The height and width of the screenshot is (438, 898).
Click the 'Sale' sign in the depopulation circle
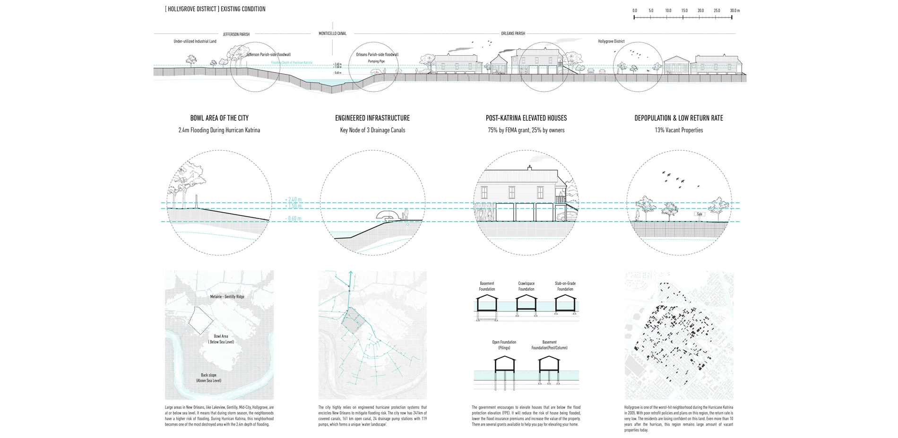coord(700,214)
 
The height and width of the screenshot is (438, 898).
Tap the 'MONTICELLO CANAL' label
coord(332,34)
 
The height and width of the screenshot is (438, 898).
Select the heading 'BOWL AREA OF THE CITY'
coord(219,118)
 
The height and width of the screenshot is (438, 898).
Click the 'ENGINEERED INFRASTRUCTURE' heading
coord(372,118)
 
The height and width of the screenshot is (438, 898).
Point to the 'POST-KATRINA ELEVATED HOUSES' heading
coord(526,118)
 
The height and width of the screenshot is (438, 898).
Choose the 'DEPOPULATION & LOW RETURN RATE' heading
coord(679,118)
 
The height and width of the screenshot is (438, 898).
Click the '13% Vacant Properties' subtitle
coord(679,130)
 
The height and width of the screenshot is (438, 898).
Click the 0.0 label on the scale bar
coord(634,10)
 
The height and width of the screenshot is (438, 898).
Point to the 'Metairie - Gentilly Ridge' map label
coord(227,297)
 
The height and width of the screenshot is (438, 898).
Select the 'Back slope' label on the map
coord(208,375)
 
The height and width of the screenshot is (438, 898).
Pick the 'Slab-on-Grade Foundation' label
coord(565,286)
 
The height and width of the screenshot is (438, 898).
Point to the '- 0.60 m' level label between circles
coord(294,219)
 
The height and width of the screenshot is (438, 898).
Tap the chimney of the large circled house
coord(529,168)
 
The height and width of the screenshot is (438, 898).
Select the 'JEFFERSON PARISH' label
coord(236,34)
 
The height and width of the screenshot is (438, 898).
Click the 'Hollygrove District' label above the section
coord(611,42)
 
